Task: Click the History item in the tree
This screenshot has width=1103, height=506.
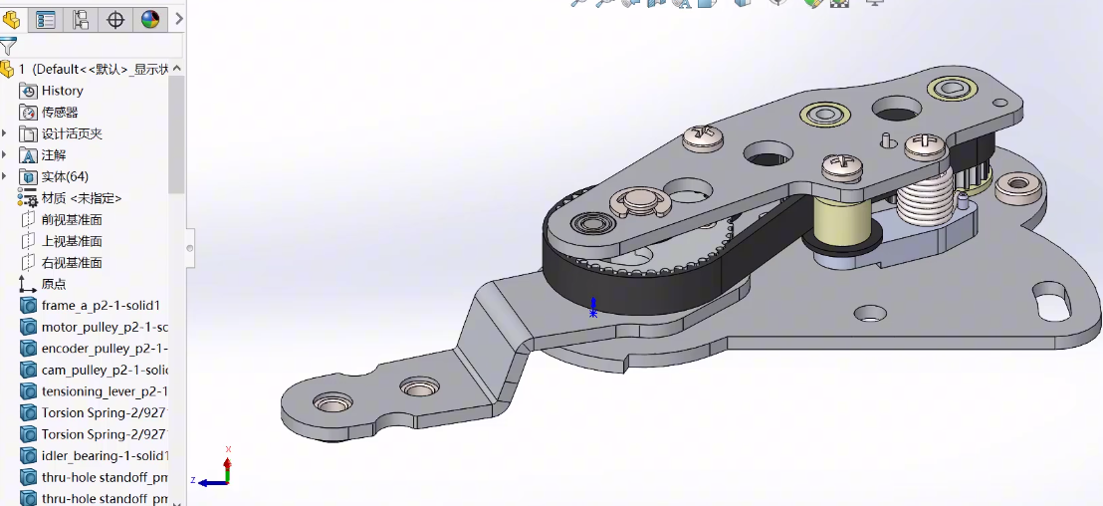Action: coord(62,91)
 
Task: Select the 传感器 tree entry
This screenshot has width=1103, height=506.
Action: coord(60,113)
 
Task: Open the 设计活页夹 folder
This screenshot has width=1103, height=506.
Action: coord(71,133)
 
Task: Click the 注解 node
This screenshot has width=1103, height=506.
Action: coord(54,155)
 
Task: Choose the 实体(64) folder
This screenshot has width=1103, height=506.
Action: coord(64,176)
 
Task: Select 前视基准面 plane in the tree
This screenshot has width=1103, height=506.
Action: coord(71,220)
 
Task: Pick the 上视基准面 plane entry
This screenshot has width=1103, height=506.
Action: coord(71,241)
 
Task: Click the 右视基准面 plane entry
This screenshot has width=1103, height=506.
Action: coord(71,263)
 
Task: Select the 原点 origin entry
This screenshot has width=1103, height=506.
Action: coord(54,284)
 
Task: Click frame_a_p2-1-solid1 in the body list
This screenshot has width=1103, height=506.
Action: coord(100,306)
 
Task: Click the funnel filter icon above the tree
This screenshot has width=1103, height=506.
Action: coord(9,46)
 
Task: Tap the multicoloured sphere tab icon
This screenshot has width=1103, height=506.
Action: coord(150,19)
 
